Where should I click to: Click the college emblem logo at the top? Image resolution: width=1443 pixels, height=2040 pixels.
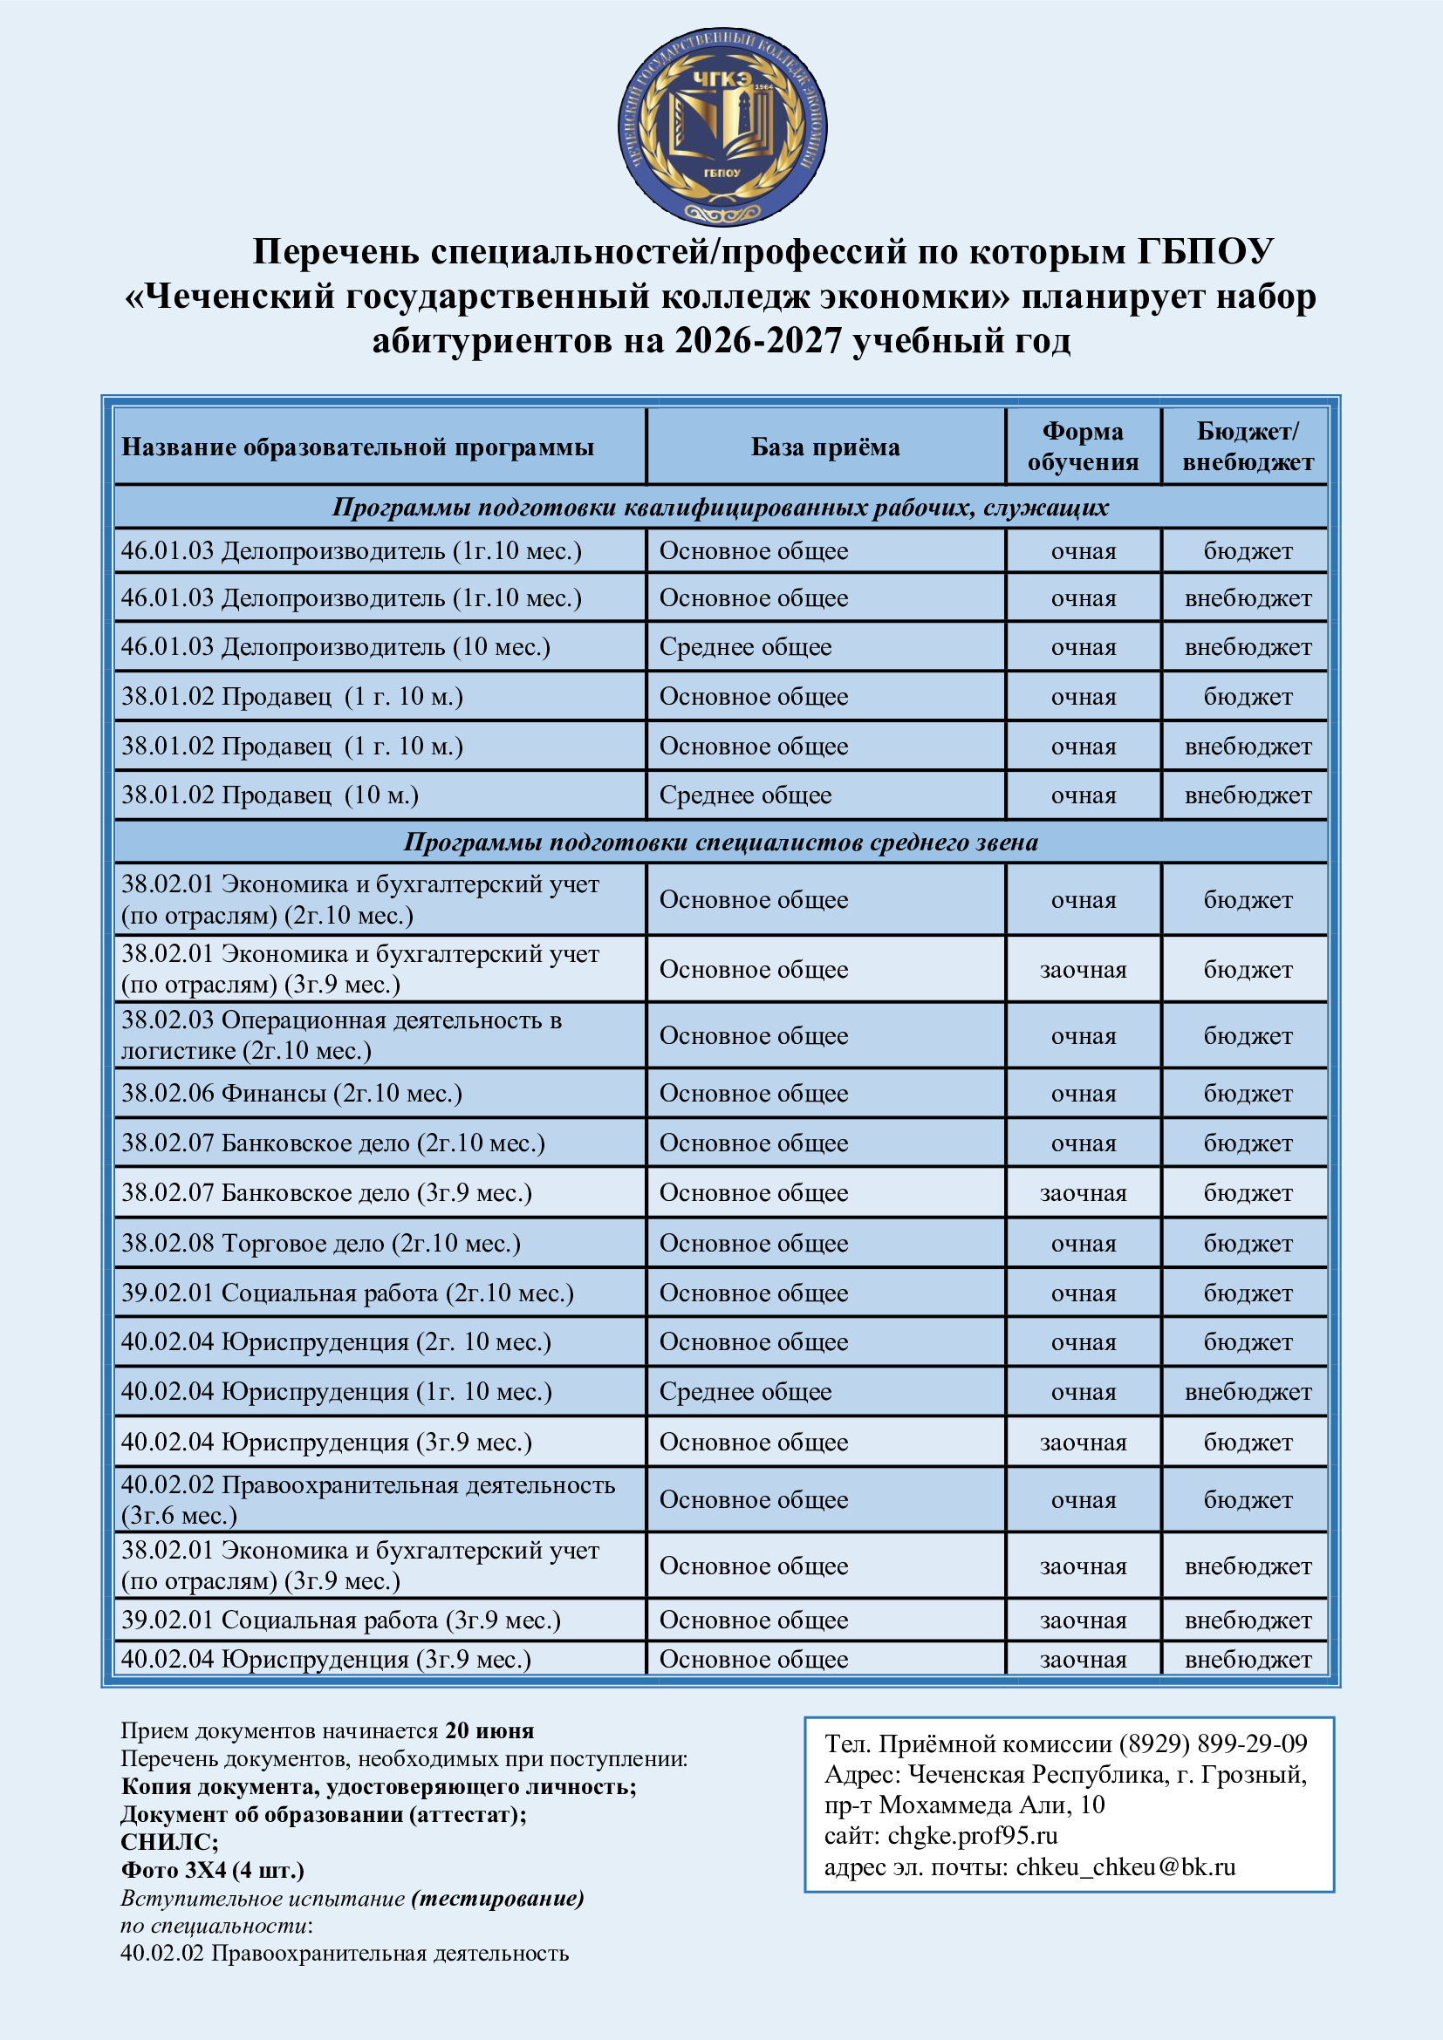pyautogui.click(x=721, y=126)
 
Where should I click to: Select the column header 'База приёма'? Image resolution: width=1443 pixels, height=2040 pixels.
pyautogui.click(x=824, y=447)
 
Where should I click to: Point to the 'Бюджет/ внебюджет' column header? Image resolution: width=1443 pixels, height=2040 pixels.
pyautogui.click(x=1247, y=446)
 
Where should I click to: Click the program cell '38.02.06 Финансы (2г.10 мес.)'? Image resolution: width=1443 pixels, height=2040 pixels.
pyautogui.click(x=291, y=1093)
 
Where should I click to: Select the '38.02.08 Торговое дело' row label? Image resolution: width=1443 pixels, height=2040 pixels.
pyautogui.click(x=321, y=1243)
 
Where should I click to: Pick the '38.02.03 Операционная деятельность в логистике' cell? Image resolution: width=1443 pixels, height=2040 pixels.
pyautogui.click(x=341, y=1035)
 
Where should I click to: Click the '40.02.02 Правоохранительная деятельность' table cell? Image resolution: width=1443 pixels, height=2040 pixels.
pyautogui.click(x=368, y=1500)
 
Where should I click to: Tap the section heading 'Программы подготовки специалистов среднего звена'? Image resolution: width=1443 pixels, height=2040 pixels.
pyautogui.click(x=721, y=842)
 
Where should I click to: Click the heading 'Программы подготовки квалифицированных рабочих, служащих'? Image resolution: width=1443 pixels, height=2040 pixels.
pyautogui.click(x=721, y=508)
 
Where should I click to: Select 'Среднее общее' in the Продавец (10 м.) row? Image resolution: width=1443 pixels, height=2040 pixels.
pyautogui.click(x=744, y=795)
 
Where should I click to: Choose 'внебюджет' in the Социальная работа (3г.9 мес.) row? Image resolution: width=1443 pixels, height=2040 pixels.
pyautogui.click(x=1248, y=1620)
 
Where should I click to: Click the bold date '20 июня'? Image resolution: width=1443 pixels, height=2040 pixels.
pyautogui.click(x=489, y=1730)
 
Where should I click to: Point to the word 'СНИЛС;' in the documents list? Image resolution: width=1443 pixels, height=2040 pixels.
pyautogui.click(x=170, y=1842)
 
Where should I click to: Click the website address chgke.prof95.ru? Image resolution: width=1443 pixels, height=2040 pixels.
pyautogui.click(x=972, y=1835)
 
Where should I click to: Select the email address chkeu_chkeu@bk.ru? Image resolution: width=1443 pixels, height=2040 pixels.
pyautogui.click(x=1125, y=1866)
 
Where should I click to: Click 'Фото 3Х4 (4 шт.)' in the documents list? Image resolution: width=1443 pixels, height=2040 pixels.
pyautogui.click(x=212, y=1869)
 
